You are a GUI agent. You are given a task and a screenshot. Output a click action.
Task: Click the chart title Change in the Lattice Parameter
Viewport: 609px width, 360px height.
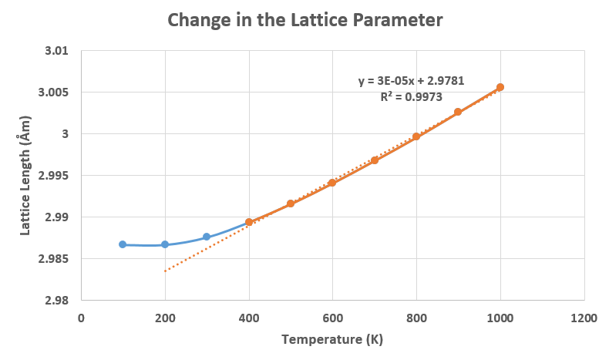pyautogui.click(x=305, y=21)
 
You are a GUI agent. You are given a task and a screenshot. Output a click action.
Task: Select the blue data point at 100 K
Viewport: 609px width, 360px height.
pyautogui.click(x=123, y=244)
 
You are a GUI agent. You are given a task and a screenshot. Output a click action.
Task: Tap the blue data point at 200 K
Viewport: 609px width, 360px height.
pyautogui.click(x=165, y=244)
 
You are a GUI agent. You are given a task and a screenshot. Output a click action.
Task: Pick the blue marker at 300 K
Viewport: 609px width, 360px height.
pyautogui.click(x=207, y=237)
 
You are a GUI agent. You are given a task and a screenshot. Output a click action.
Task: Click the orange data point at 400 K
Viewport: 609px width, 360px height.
pyautogui.click(x=249, y=222)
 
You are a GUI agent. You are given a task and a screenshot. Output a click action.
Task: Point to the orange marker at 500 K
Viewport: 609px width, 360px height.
pyautogui.click(x=291, y=204)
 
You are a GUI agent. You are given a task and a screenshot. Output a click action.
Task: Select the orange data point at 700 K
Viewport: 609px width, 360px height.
pyautogui.click(x=375, y=160)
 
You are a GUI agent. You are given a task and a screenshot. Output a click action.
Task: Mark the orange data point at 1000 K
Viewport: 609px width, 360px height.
pyautogui.click(x=500, y=87)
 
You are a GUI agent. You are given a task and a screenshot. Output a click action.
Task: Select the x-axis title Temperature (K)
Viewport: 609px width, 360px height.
pyautogui.click(x=332, y=339)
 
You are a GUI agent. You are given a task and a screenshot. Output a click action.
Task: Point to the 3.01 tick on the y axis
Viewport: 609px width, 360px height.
pyautogui.click(x=57, y=51)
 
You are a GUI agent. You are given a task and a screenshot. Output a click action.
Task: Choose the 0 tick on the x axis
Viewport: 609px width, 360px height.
pyautogui.click(x=81, y=317)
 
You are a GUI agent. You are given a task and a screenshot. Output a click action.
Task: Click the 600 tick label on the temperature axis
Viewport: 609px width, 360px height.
pyautogui.click(x=332, y=317)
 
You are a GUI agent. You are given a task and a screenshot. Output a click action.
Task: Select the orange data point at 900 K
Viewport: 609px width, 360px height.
pyautogui.click(x=458, y=112)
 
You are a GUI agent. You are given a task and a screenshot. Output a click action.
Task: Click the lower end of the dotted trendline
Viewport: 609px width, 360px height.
pyautogui.click(x=165, y=271)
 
